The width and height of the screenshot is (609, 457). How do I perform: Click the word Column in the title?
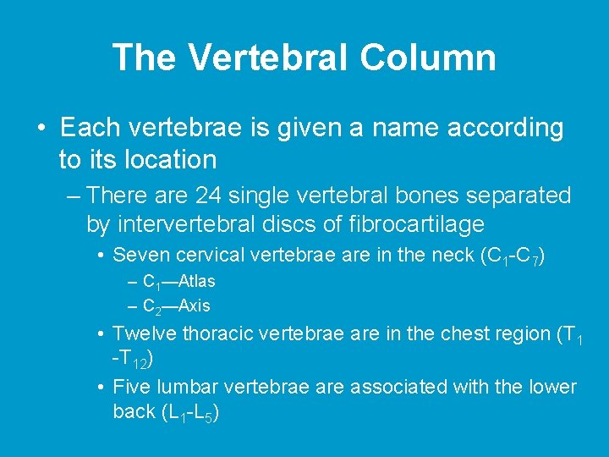(428, 58)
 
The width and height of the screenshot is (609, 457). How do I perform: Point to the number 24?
(210, 195)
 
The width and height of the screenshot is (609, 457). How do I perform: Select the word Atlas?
(197, 281)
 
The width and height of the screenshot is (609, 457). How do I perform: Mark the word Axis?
(195, 306)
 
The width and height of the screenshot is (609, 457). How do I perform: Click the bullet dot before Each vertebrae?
(41, 129)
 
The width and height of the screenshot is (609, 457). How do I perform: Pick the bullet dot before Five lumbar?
(101, 388)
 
